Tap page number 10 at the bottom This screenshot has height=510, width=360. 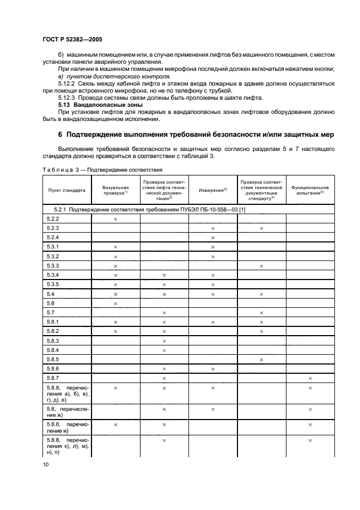point(46,464)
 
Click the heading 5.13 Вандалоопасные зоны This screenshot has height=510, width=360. point(93,104)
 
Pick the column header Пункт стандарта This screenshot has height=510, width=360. point(66,190)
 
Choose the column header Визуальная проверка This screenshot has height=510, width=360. point(115,190)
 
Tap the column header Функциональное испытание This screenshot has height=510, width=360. point(310,190)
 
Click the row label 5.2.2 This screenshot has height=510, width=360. point(53,218)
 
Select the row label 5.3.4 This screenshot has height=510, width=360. point(53,275)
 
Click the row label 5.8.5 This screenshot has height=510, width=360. point(53,359)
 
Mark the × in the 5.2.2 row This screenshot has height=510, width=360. point(115,218)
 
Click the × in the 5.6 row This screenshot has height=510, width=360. point(115,303)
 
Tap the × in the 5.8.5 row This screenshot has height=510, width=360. point(261,359)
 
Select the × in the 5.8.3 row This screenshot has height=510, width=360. point(164,341)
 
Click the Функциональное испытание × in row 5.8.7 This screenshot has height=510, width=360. point(310,378)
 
